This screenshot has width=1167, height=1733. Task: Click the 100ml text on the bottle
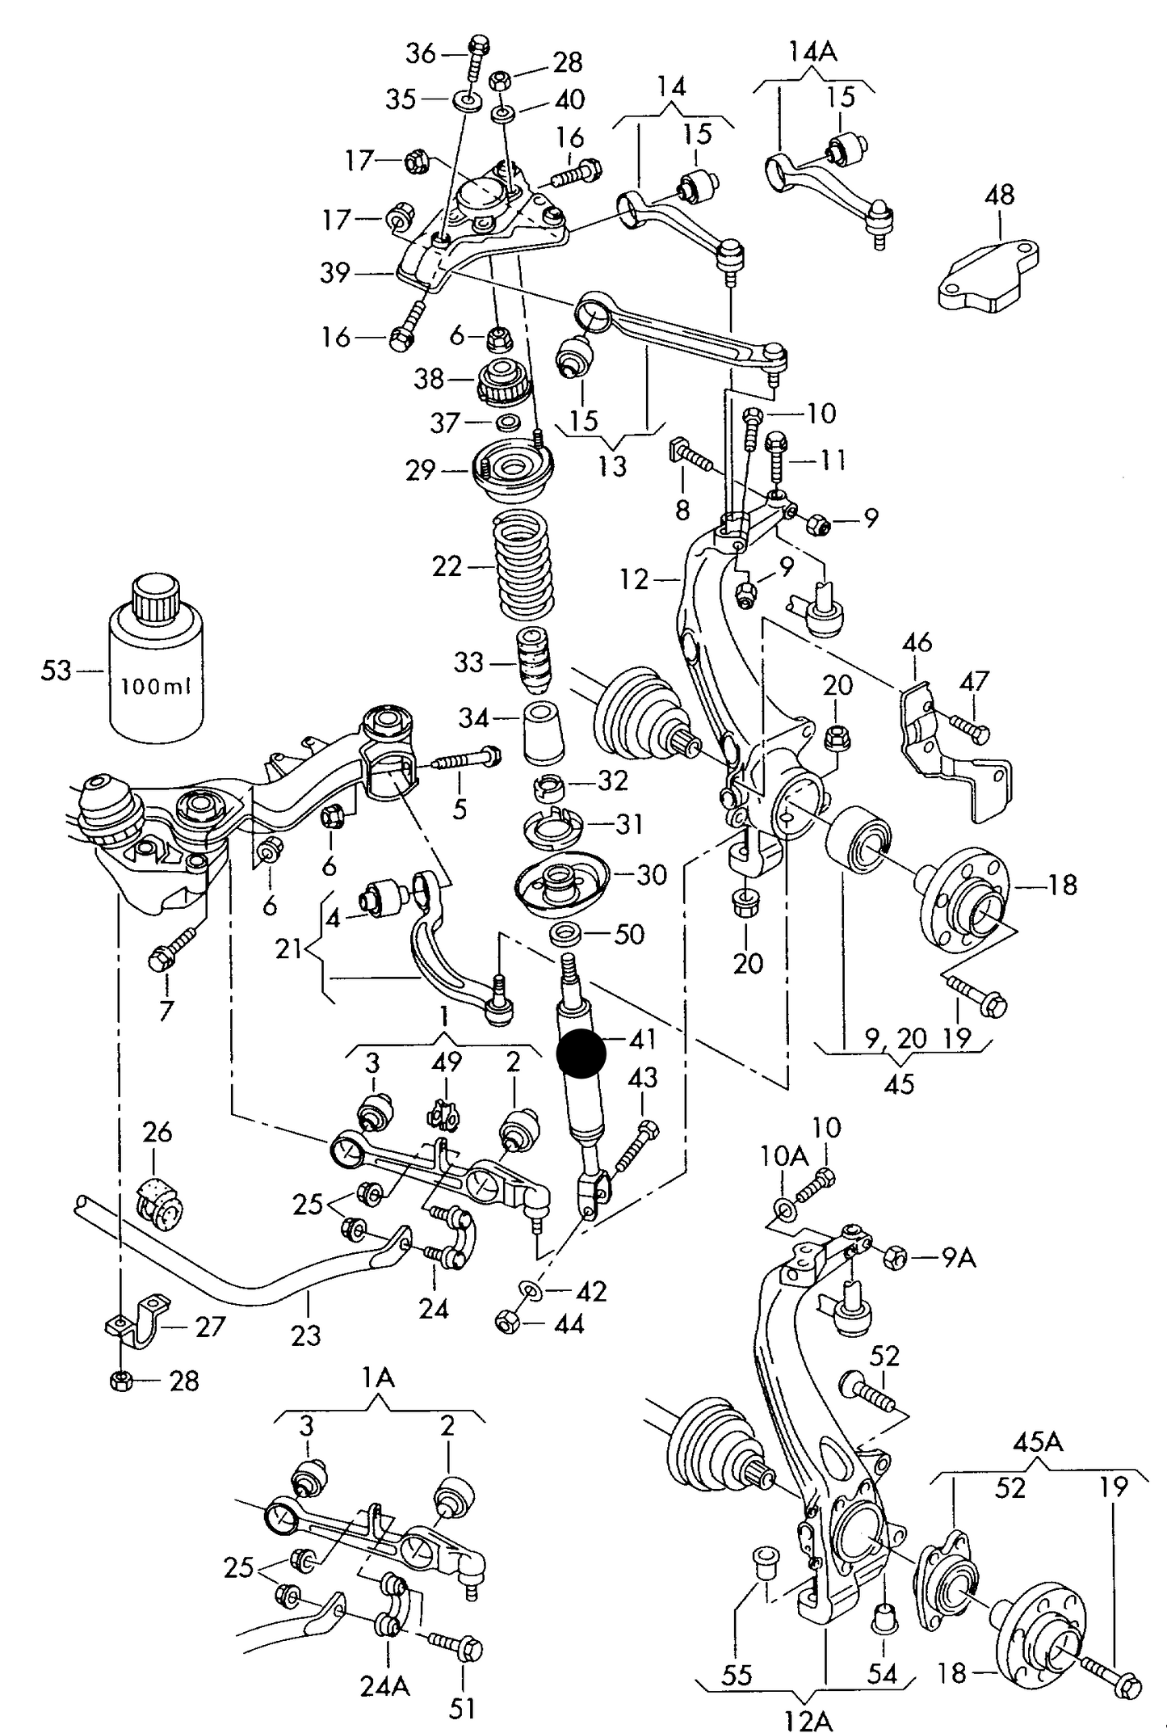coord(156,687)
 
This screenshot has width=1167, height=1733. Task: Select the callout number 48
coord(999,195)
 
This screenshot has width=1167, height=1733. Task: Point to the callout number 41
coord(643,1039)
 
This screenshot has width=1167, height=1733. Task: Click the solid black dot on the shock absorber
coord(581,1054)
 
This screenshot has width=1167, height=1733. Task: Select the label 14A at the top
coord(813,53)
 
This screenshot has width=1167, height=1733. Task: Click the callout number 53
coord(57,671)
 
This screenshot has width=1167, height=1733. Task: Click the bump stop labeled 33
coord(533,660)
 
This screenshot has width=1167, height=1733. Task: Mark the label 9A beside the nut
coord(959,1258)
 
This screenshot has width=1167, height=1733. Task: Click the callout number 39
coord(334,273)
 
